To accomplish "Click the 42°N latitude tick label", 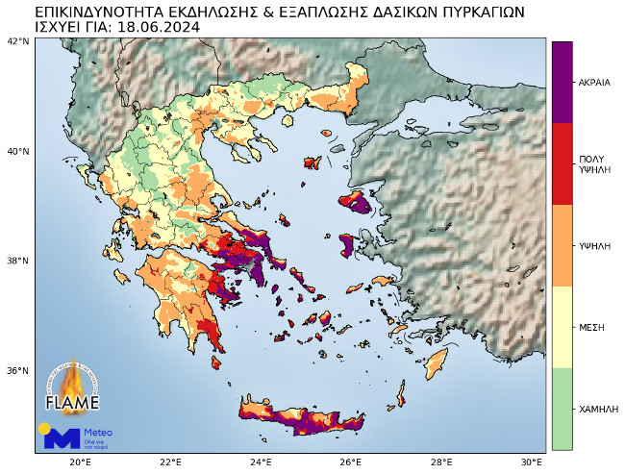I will [x=18, y=41].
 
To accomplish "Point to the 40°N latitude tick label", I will [x=18, y=151].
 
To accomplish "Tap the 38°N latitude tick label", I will [x=18, y=261].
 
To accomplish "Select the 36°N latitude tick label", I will [x=18, y=370].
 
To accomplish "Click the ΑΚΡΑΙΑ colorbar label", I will [x=594, y=83].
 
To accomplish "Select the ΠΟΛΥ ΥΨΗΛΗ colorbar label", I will [x=592, y=163].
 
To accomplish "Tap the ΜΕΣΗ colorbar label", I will [x=591, y=327].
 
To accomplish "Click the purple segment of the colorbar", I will [x=562, y=82].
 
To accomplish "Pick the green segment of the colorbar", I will [x=562, y=409].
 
